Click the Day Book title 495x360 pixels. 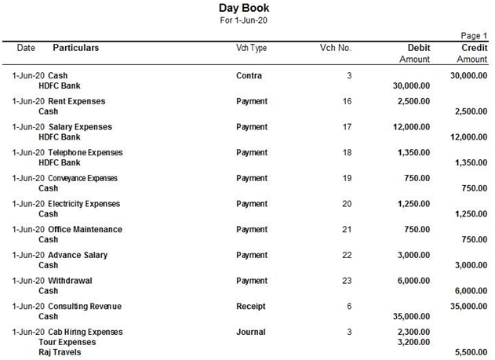[246, 8]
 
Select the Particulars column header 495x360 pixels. [75, 48]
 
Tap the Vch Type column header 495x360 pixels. [251, 48]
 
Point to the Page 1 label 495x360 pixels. [473, 36]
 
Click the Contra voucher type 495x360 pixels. [249, 75]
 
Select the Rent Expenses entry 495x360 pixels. [76, 101]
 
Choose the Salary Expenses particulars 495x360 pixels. [80, 127]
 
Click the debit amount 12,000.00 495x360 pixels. [411, 127]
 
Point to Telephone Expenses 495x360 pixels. [85, 152]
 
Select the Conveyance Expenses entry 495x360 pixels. [82, 178]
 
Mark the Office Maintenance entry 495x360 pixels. [85, 229]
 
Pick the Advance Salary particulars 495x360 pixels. [78, 255]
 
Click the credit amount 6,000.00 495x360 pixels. [468, 291]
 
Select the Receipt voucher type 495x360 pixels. [251, 306]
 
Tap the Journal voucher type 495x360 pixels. [250, 332]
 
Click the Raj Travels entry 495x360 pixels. [60, 352]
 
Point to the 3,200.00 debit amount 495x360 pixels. [413, 342]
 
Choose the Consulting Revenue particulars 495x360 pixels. [85, 306]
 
